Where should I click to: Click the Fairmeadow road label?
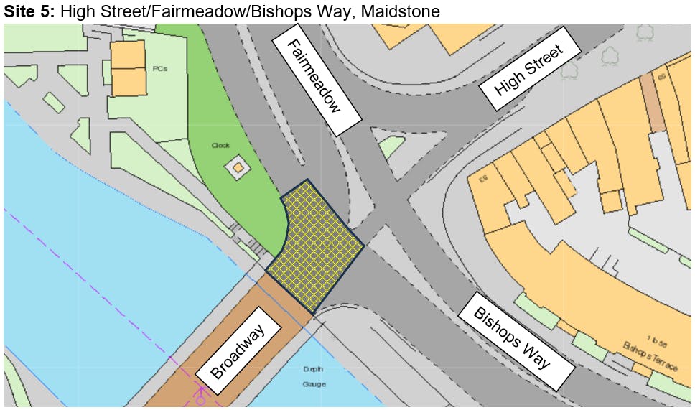[x=314, y=79]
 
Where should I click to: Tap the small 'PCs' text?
[x=159, y=69]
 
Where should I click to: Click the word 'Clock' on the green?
[x=220, y=145]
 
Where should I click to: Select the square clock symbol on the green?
[x=238, y=169]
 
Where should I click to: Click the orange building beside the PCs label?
[x=129, y=68]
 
